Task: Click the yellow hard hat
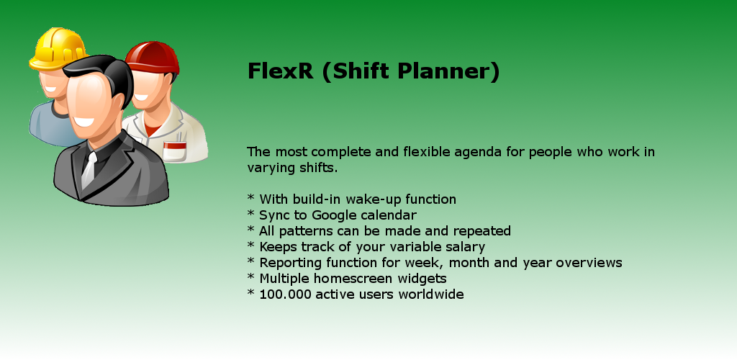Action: point(58,48)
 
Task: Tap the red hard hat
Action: point(152,58)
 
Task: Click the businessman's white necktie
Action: point(89,170)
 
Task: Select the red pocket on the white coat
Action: point(174,151)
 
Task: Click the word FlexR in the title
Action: point(280,71)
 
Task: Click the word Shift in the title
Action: point(361,71)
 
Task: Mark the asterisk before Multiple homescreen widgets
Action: point(251,276)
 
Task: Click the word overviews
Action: point(589,264)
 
